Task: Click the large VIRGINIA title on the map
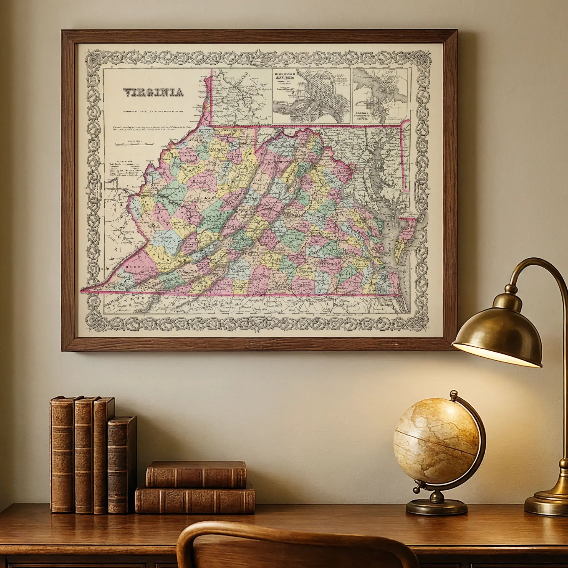(x=153, y=93)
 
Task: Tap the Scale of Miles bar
(x=134, y=144)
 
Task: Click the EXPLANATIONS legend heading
(x=124, y=162)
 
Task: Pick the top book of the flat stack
(x=196, y=474)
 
